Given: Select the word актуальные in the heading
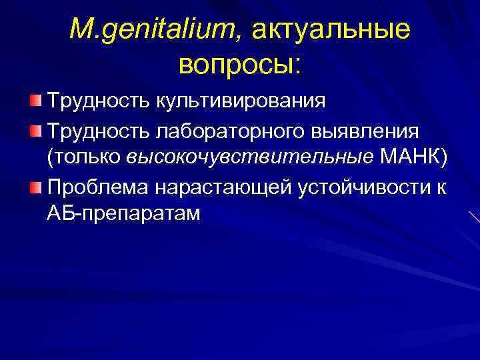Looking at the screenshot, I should coord(331,29).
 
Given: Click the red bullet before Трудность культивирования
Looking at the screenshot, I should coord(35,100).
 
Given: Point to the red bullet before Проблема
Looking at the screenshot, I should coord(35,184).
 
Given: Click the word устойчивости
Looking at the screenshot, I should coord(359,185).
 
